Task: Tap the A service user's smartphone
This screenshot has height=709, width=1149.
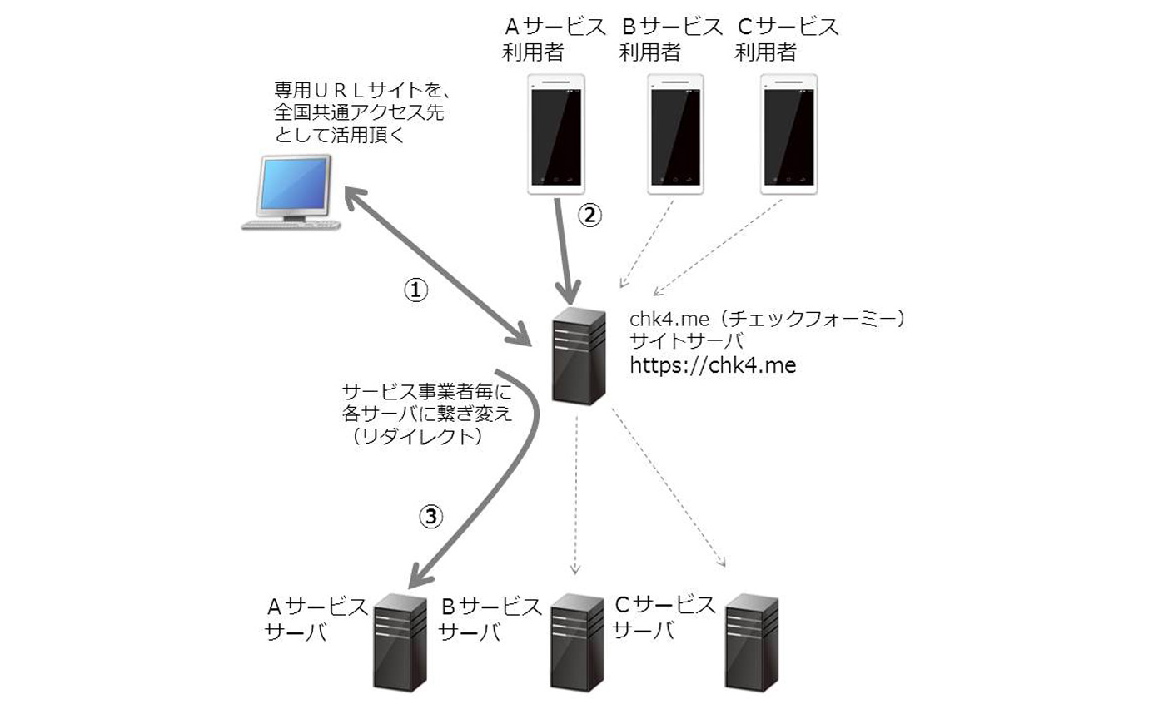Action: click(x=557, y=134)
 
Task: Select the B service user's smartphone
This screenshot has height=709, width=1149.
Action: click(x=676, y=134)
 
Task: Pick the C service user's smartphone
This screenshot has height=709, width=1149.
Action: click(x=789, y=134)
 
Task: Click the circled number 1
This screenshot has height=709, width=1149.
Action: click(x=415, y=290)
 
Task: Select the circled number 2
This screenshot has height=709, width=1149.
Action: click(x=589, y=215)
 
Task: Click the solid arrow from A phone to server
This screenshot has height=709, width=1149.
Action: click(x=565, y=250)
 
